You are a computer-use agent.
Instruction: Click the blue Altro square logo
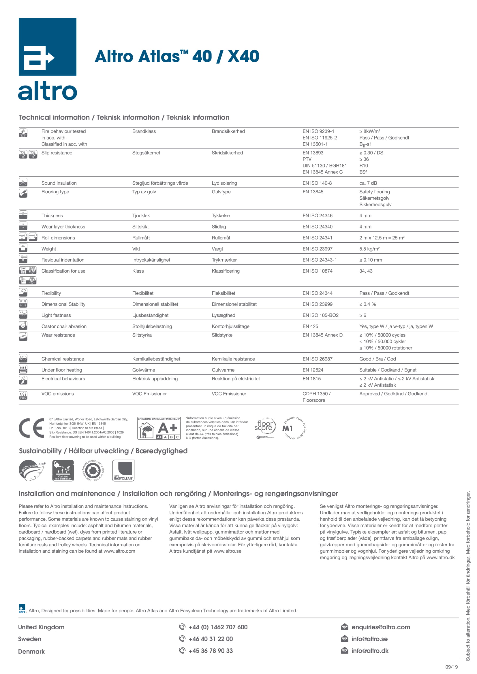click(47, 47)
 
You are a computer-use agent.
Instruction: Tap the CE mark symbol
click(31, 428)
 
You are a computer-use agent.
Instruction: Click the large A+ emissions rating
click(168, 428)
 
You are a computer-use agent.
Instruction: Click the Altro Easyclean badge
click(123, 470)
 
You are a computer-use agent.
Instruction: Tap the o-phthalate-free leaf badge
click(32, 470)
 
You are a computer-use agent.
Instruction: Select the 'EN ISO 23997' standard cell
click(317, 249)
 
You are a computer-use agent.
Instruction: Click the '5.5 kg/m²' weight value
click(369, 249)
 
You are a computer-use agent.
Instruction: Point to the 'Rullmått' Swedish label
click(141, 238)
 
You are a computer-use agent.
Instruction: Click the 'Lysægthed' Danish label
click(223, 315)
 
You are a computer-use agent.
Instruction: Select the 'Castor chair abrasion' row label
click(64, 326)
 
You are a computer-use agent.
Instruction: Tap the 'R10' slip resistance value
click(364, 166)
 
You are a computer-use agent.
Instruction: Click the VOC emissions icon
click(23, 395)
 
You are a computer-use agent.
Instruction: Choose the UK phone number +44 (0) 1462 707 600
click(218, 627)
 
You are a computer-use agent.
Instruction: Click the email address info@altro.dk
click(370, 651)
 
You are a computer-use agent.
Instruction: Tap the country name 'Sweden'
click(30, 639)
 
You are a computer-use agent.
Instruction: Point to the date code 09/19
click(451, 667)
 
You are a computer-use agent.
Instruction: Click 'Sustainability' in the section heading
click(40, 451)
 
